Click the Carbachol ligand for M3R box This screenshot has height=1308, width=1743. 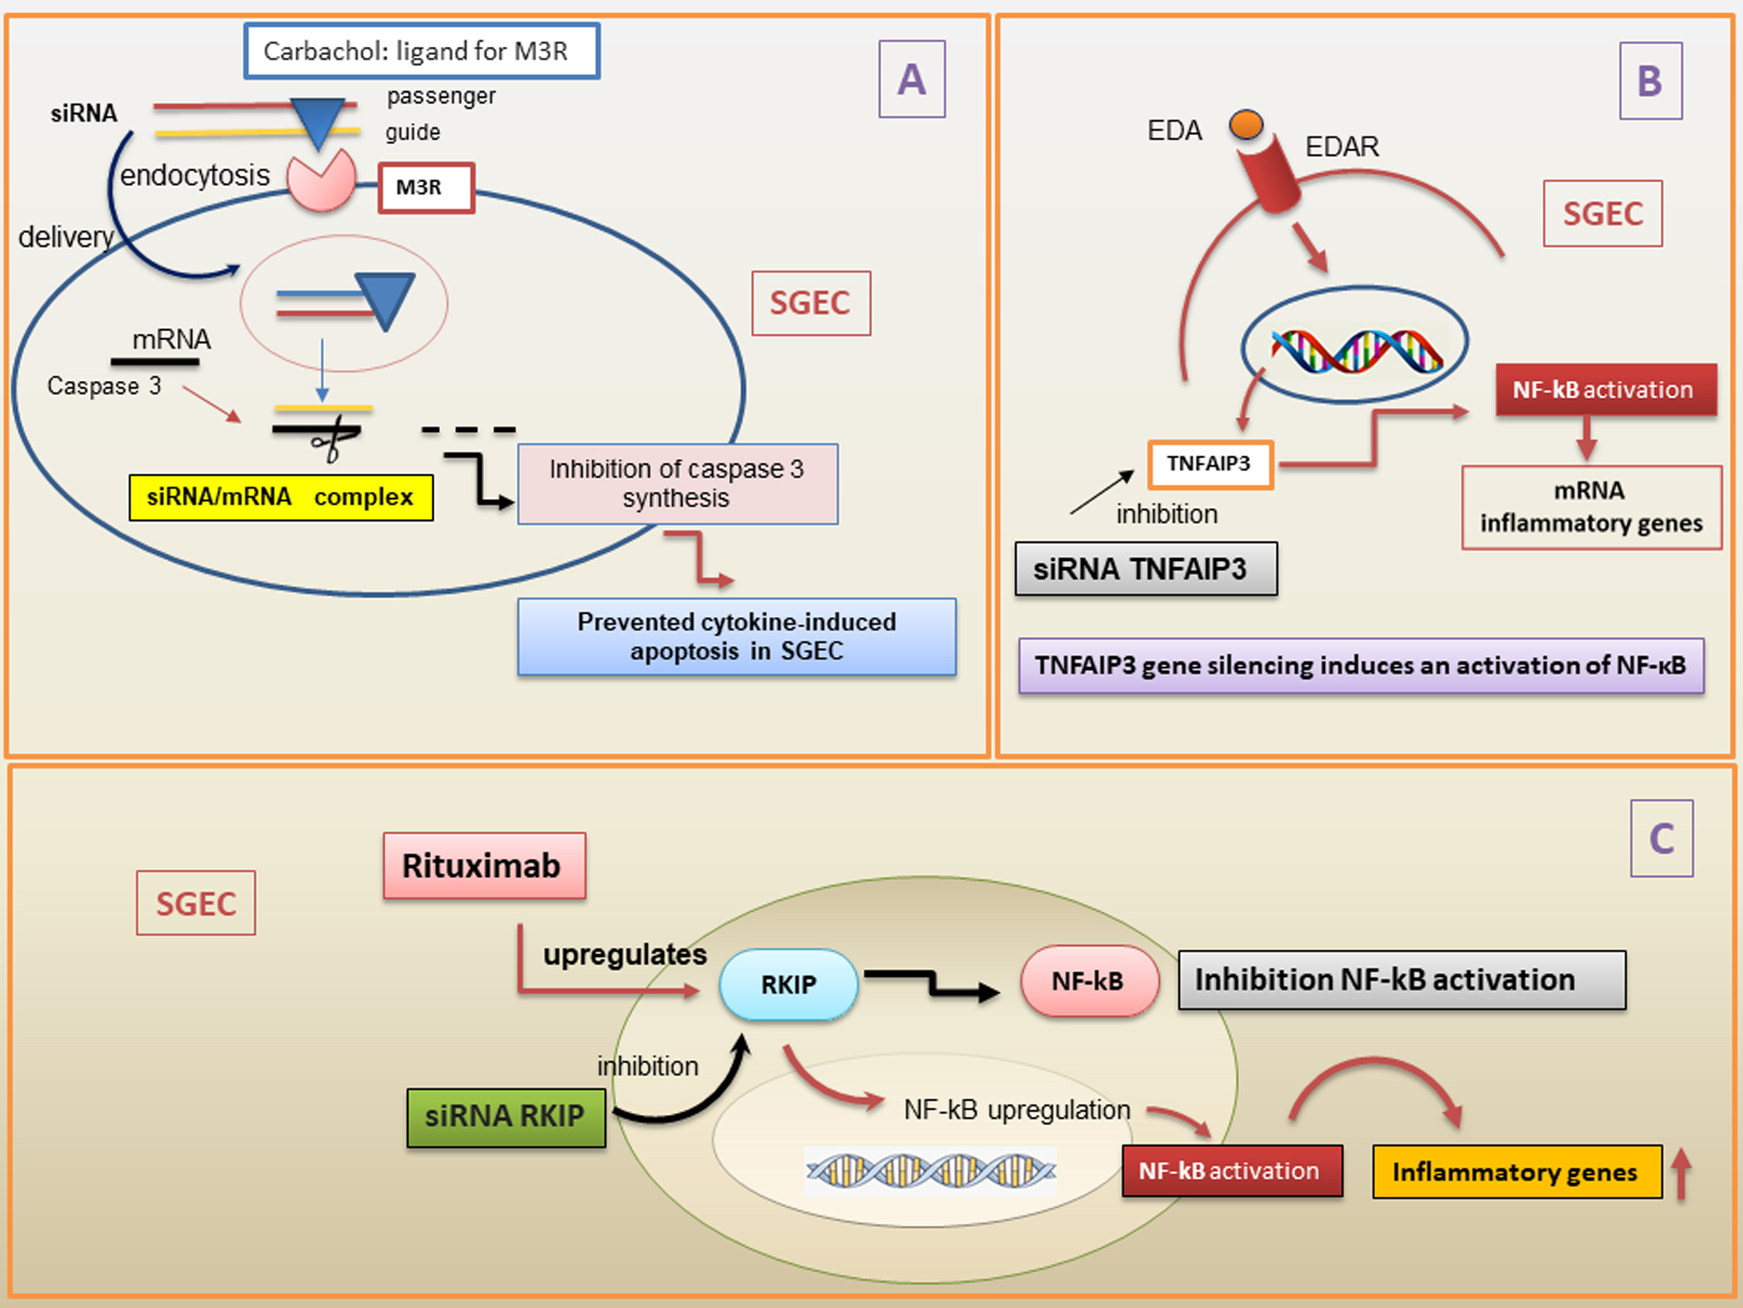click(x=422, y=51)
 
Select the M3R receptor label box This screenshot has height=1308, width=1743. click(x=426, y=188)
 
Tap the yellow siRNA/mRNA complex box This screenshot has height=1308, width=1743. click(x=280, y=497)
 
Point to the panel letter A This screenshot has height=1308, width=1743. click(x=912, y=80)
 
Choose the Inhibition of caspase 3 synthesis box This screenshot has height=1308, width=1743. click(x=678, y=483)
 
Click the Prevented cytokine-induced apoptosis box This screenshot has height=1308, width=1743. click(x=737, y=637)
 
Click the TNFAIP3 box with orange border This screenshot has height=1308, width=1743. click(x=1210, y=465)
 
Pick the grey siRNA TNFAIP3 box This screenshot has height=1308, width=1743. click(x=1145, y=569)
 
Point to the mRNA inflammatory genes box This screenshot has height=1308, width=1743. click(x=1591, y=507)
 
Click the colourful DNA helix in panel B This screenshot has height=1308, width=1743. click(x=1357, y=351)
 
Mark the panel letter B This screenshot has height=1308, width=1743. click(x=1650, y=81)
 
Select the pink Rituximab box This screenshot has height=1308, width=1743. click(x=484, y=866)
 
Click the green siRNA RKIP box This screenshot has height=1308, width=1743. click(x=506, y=1117)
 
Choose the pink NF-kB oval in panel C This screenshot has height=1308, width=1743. click(x=1089, y=982)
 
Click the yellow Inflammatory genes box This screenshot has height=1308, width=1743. click(x=1517, y=1171)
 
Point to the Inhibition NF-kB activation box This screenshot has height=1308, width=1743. click(x=1401, y=980)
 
